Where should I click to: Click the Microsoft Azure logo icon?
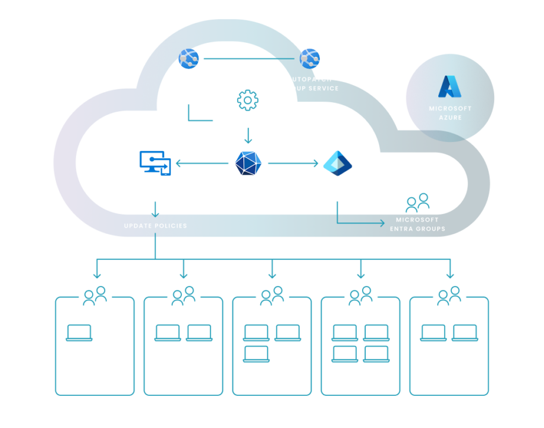click(449, 87)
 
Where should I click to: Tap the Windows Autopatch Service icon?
click(188, 59)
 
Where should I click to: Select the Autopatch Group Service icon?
click(310, 58)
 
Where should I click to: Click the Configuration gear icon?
click(247, 100)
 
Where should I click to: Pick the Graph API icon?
click(248, 163)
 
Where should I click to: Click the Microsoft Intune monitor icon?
click(155, 162)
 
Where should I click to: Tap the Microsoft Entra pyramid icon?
click(337, 163)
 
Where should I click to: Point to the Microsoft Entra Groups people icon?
click(417, 203)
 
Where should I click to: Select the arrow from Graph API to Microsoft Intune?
click(202, 163)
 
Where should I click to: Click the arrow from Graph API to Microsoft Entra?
click(293, 163)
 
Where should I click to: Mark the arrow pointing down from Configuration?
click(248, 136)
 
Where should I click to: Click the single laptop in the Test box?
click(79, 333)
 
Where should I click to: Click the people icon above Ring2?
click(272, 295)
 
